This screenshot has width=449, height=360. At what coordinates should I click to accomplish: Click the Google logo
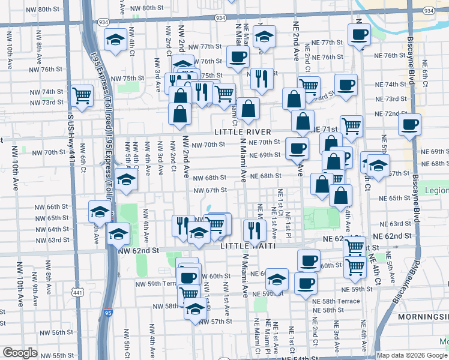coord(20,353)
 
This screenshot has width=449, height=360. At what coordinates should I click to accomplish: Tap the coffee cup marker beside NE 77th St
coord(360,34)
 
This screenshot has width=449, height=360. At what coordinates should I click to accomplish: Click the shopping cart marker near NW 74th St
coord(81,95)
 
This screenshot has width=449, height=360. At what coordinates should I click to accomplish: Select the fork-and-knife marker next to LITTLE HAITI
coord(255,229)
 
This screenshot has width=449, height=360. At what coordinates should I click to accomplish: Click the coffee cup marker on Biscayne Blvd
coord(410,125)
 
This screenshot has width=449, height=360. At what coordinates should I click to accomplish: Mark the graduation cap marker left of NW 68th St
coord(126,179)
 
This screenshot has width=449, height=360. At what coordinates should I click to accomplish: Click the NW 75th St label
coord(132,78)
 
